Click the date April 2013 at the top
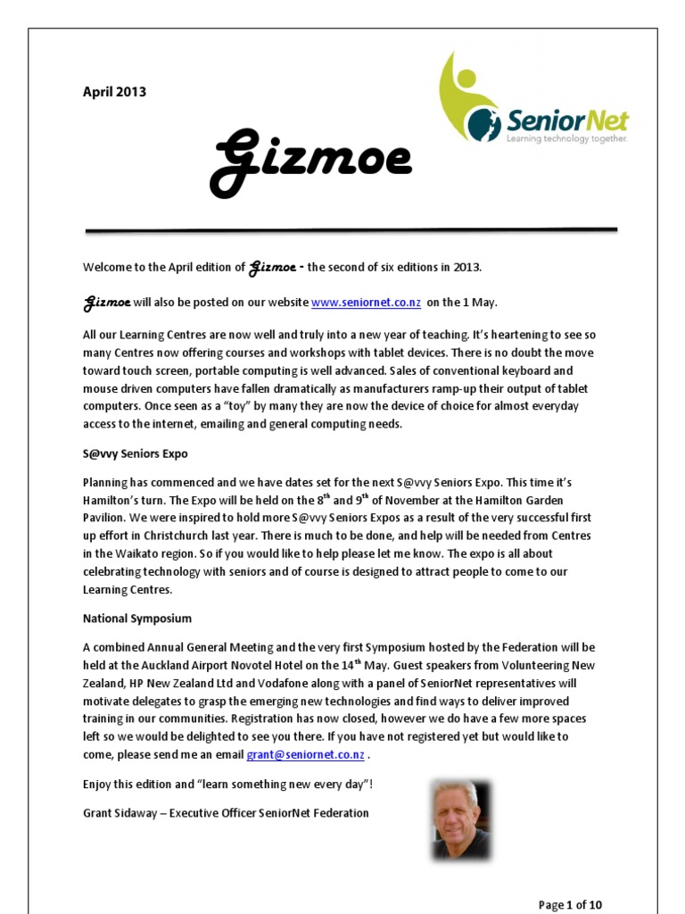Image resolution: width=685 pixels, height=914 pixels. coord(114,92)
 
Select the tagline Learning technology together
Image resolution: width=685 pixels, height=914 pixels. coord(566,139)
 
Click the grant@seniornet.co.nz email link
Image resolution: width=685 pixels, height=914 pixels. coord(306,754)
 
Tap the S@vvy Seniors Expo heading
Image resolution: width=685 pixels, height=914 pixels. coord(136,453)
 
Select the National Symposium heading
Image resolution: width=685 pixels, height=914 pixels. coord(137,618)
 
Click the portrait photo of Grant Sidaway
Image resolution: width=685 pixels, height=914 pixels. coord(460,819)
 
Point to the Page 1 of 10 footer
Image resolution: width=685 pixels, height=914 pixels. coord(570,904)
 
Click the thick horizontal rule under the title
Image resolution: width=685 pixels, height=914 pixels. coord(351,231)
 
